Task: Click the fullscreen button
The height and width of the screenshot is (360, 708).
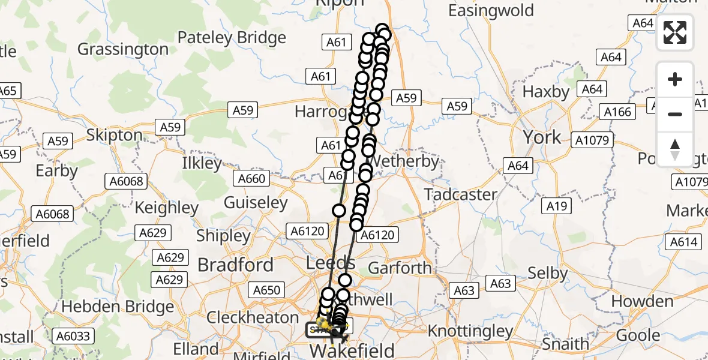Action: [675, 32]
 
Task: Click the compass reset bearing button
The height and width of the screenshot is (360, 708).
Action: [675, 149]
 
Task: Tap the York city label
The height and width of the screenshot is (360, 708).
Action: [542, 137]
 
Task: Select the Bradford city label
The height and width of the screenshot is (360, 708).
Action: [235, 265]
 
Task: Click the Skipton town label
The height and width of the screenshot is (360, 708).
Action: [114, 135]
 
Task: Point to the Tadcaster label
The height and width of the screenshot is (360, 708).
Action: [460, 194]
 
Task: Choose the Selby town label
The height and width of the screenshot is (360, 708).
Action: [547, 274]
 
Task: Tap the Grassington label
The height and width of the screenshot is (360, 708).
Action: [122, 49]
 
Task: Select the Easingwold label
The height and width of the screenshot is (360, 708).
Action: [490, 10]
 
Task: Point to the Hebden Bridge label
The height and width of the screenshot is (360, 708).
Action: [118, 306]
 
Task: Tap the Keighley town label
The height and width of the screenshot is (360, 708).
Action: [166, 208]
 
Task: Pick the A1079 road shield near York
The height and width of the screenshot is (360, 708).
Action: [593, 141]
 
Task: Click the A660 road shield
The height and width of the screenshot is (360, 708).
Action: [251, 178]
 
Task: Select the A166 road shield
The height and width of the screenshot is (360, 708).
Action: [617, 112]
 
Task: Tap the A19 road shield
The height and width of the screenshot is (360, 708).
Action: [556, 206]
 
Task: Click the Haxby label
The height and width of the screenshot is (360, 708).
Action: [545, 92]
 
